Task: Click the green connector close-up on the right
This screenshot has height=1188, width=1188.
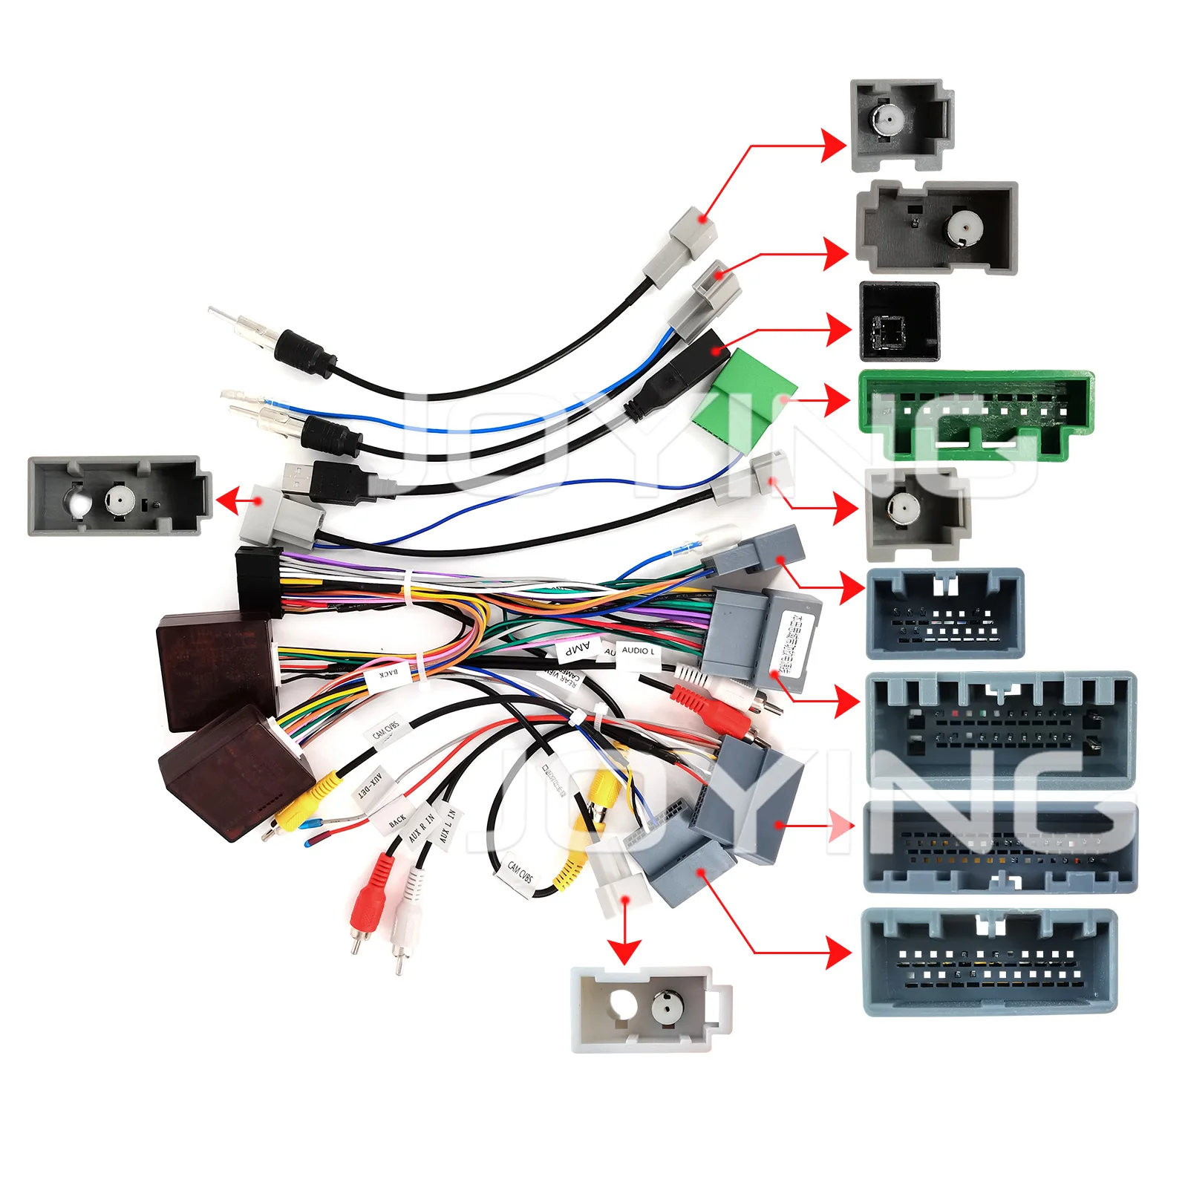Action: (x=975, y=412)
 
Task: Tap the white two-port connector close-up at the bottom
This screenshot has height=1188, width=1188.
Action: (x=650, y=1008)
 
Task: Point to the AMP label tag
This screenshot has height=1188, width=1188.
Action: (x=577, y=648)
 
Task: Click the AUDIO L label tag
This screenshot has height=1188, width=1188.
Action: (x=638, y=650)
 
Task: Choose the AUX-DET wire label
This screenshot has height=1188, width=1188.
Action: (x=370, y=785)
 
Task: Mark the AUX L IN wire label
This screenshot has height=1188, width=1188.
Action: (x=447, y=824)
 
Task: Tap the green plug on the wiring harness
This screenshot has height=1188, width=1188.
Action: (x=745, y=401)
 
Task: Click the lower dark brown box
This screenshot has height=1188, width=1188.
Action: (x=234, y=774)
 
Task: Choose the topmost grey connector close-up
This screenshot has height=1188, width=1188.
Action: (x=901, y=124)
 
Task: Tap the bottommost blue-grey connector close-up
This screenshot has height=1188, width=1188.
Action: (x=989, y=961)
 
